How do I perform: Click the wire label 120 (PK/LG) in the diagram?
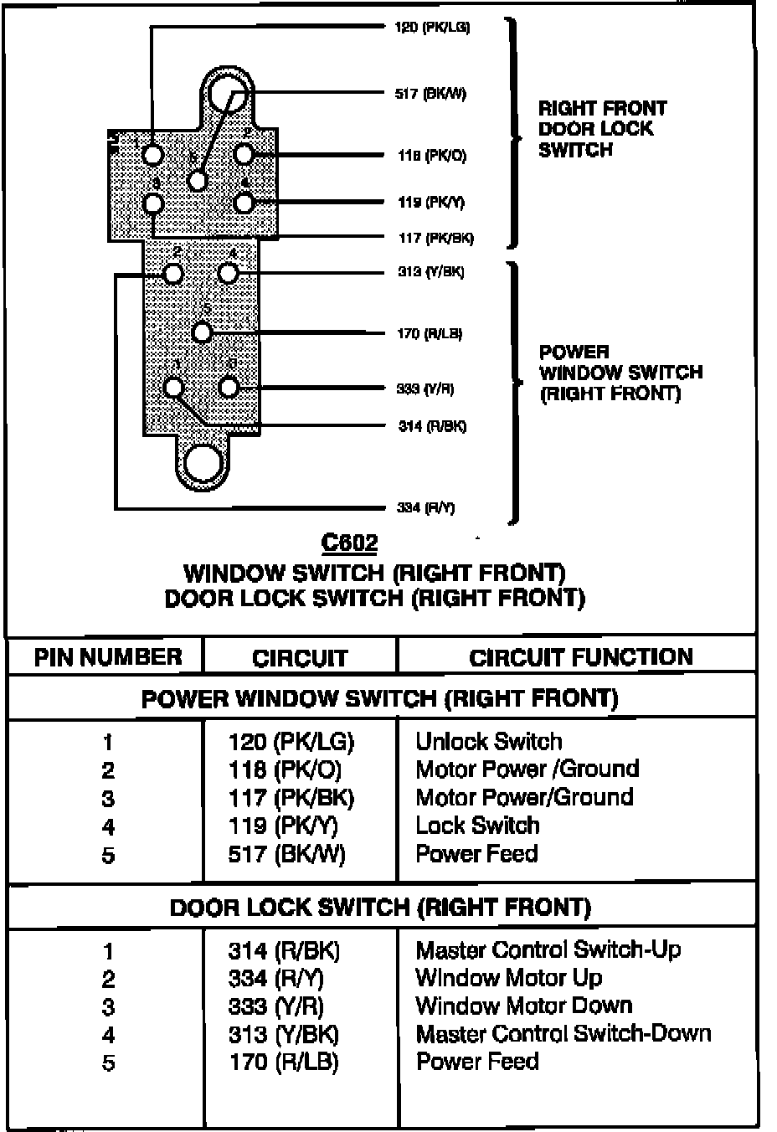point(432,28)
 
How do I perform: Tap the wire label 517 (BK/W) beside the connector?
point(430,94)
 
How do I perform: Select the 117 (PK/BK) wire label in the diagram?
point(435,239)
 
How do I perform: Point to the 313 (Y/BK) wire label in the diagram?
point(430,272)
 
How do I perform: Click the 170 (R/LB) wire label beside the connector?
point(429,334)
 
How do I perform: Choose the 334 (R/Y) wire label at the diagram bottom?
point(425,507)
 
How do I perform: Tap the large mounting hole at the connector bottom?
point(203,463)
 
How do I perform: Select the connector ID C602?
point(350,543)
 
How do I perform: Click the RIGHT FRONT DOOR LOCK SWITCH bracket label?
point(602,129)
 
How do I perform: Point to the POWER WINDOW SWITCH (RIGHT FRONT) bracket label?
point(620,373)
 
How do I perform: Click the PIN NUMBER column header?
point(107,657)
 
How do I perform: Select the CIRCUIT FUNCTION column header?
point(581,657)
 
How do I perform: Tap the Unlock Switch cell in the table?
point(489,742)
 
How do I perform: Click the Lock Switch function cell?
point(477,826)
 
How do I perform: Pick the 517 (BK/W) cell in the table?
point(286,854)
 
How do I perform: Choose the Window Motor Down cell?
point(524,1006)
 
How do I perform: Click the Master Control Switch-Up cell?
point(548,950)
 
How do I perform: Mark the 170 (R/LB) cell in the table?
point(283,1062)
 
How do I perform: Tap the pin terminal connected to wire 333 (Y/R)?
point(229,388)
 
